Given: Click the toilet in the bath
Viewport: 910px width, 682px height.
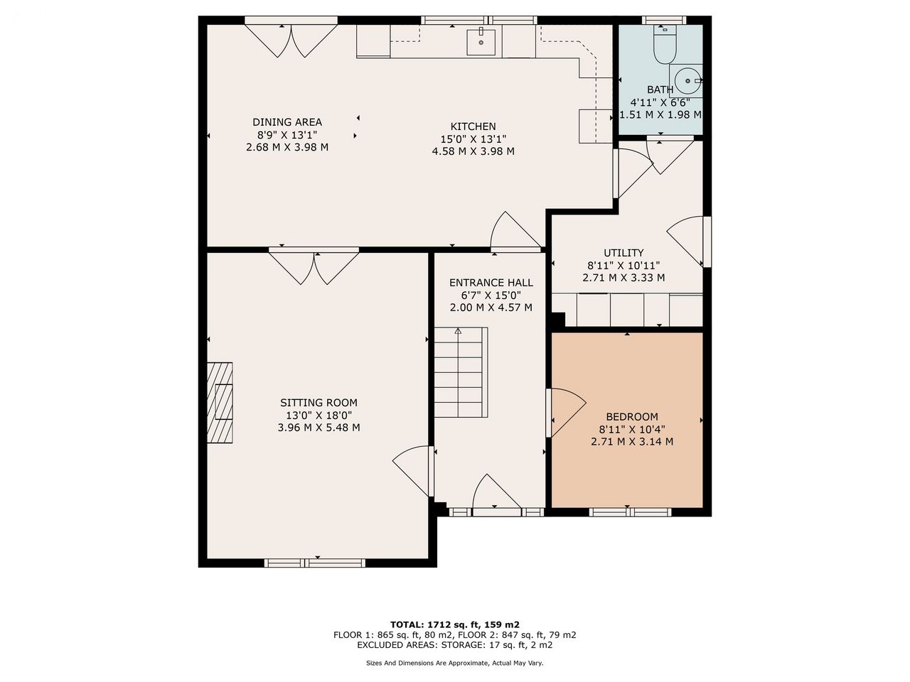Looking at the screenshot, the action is click(x=665, y=44).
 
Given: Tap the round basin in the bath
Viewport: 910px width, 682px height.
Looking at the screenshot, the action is click(x=687, y=81).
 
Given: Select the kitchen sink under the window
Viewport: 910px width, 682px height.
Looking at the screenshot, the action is click(x=481, y=42).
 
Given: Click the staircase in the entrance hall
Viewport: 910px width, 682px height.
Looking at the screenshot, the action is click(x=461, y=372).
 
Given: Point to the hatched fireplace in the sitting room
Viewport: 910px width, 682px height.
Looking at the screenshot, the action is click(x=220, y=403).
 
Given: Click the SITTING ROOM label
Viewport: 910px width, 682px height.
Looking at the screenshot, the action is click(x=318, y=403).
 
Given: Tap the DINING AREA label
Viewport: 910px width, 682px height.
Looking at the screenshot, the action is click(x=287, y=122).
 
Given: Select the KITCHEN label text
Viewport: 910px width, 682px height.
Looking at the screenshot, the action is click(x=473, y=126).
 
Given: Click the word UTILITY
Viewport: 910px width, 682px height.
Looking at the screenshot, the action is click(x=623, y=253).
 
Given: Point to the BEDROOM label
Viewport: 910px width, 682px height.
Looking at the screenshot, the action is click(x=632, y=416).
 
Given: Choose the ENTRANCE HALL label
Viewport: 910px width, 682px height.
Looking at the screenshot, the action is click(x=491, y=283).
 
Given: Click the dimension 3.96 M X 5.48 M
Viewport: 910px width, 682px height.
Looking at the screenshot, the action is click(x=318, y=428).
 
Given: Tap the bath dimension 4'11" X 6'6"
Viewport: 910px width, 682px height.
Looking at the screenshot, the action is click(x=660, y=102).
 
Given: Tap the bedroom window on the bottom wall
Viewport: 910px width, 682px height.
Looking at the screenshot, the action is click(x=630, y=512).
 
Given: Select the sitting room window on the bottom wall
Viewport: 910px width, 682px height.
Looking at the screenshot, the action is click(x=315, y=563).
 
